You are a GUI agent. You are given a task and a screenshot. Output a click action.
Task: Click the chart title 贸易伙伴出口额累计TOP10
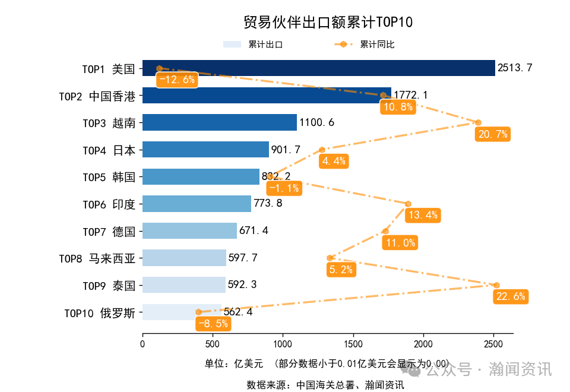pyautogui.click(x=328, y=23)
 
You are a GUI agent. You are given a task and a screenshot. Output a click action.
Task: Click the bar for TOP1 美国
pyautogui.click(x=318, y=68)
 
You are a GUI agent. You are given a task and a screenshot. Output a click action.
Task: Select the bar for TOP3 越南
pyautogui.click(x=220, y=122)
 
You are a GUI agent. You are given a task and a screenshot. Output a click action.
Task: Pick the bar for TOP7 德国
pyautogui.click(x=189, y=230)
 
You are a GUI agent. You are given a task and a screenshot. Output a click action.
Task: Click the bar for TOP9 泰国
pyautogui.click(x=184, y=284)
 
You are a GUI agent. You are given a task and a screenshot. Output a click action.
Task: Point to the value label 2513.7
pyautogui.click(x=515, y=68)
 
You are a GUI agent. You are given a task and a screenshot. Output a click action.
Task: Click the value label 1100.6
pyautogui.click(x=317, y=123)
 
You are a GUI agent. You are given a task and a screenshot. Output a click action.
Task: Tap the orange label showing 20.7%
pyautogui.click(x=493, y=134)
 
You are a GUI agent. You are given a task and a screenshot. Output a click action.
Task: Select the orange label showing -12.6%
pyautogui.click(x=176, y=80)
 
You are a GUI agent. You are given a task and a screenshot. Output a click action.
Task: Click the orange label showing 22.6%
pyautogui.click(x=511, y=296)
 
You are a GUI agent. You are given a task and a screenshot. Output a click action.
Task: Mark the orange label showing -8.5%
pyautogui.click(x=213, y=324)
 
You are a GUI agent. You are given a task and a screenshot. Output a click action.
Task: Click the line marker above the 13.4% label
pyautogui.click(x=408, y=204)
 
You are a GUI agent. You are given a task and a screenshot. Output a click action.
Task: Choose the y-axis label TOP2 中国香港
pyautogui.click(x=97, y=96)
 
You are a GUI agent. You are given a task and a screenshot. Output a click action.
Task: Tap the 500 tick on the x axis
pyautogui.click(x=213, y=344)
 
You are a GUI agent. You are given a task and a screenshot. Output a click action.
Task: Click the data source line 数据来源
pyautogui.click(x=325, y=385)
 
